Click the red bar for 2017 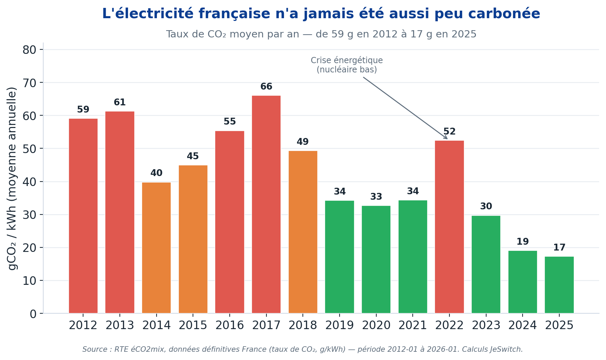click(266, 204)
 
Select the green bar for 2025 click(559, 285)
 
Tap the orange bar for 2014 click(156, 248)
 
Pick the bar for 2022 click(449, 227)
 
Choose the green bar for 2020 click(376, 259)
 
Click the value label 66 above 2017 click(266, 87)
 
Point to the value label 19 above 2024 click(523, 242)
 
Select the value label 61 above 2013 click(120, 103)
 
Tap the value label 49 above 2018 click(302, 142)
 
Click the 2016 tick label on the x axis click(229, 325)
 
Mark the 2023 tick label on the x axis click(486, 325)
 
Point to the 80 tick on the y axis click(30, 50)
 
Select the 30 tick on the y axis click(30, 215)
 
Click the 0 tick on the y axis click(33, 314)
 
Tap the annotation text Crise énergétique click(347, 61)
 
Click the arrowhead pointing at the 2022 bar click(445, 137)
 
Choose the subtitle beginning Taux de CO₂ click(321, 34)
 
